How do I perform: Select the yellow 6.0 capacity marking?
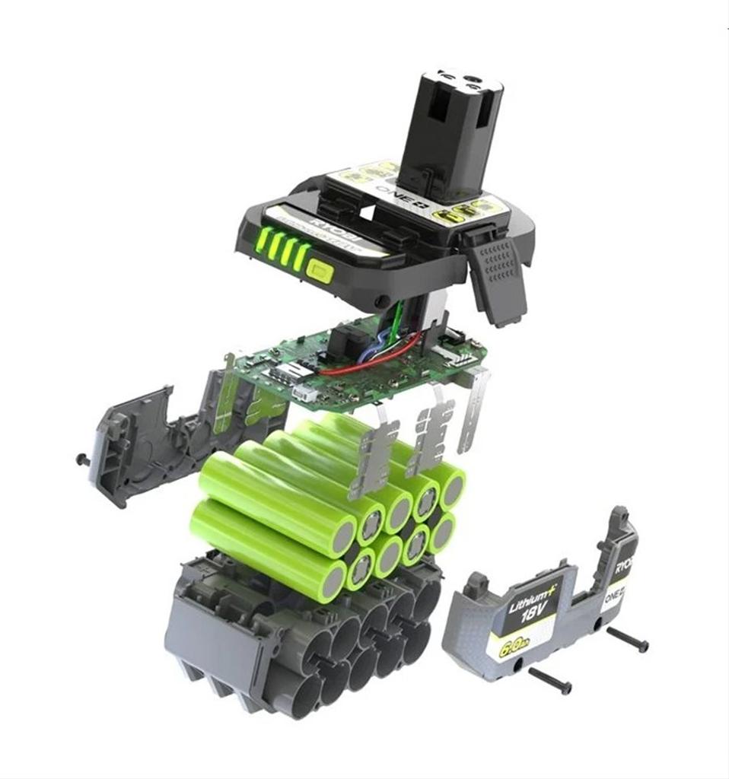[x=510, y=649]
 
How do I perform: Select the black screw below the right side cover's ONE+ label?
[x=628, y=639]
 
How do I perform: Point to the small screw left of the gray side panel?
[x=81, y=459]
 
